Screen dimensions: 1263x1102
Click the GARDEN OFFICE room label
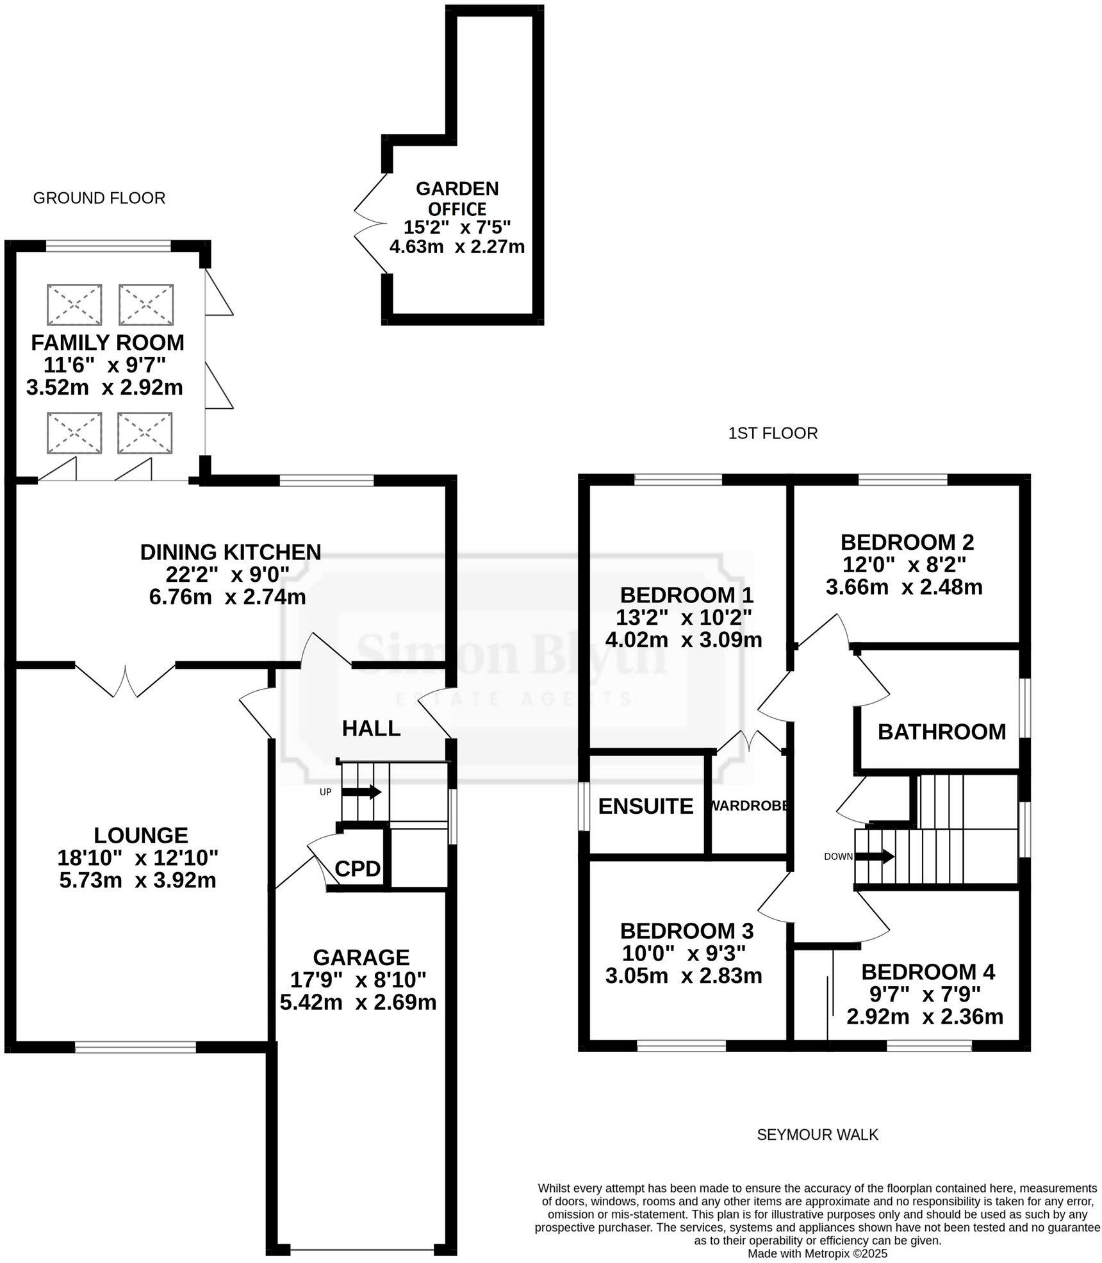457,199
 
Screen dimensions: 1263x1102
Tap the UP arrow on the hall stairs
361,792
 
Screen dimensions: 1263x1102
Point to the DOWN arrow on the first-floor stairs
875,856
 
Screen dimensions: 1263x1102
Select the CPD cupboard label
358,870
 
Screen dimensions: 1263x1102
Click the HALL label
371,729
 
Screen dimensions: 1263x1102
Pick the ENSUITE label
645,806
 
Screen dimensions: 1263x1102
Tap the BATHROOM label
941,732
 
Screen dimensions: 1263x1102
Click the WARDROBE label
748,806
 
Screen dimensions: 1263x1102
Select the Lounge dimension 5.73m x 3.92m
138,880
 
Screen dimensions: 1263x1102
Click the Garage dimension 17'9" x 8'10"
358,980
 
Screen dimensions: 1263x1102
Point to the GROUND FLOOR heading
99,198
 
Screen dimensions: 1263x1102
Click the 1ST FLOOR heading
773,433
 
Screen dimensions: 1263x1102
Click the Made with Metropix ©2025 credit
818,1253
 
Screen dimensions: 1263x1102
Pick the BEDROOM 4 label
928,972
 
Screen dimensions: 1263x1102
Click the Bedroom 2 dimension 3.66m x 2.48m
904,587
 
